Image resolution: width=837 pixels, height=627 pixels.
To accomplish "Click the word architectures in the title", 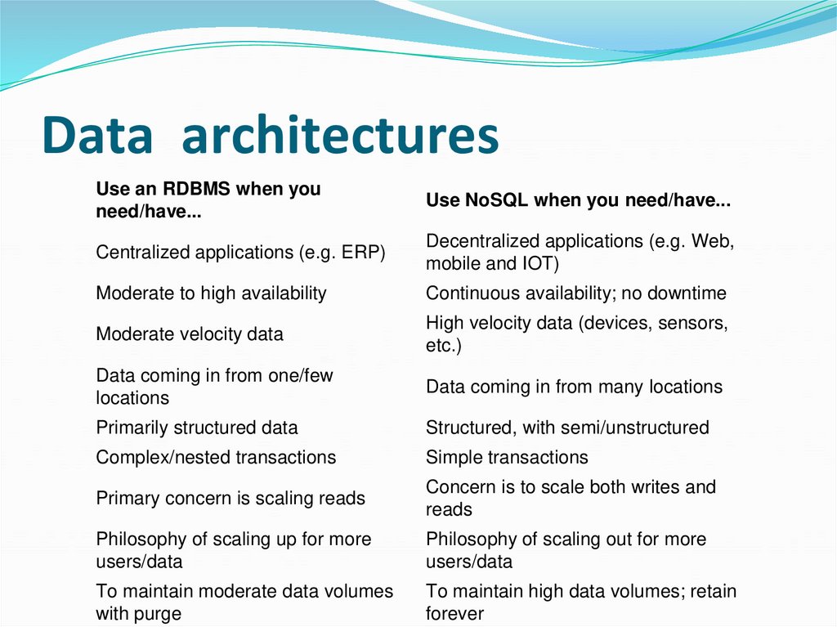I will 340,137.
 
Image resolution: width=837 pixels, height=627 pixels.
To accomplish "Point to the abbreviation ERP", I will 364,253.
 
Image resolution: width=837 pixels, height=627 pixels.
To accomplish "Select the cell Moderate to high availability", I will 211,293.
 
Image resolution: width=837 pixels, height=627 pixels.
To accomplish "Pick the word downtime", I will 687,293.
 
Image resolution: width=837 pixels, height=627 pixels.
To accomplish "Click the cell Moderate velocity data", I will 190,334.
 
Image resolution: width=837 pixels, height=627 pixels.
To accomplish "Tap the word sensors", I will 692,323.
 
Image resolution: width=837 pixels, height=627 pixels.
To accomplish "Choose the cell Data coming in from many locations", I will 574,387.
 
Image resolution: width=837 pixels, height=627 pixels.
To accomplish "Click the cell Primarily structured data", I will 197,428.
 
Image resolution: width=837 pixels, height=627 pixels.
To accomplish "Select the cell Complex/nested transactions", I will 216,457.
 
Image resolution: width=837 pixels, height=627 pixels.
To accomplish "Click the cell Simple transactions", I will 507,457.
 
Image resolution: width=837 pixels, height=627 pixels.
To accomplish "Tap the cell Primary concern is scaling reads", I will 231,498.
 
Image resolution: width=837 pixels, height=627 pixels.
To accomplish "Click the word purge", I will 158,613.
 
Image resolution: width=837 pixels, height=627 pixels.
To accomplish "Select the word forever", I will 454,613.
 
